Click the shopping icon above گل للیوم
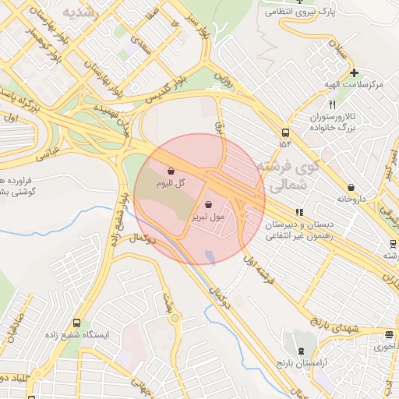coord(171,171)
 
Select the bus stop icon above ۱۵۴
coord(285,132)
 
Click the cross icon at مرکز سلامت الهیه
coord(354,72)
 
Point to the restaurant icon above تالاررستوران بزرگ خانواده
coord(333,104)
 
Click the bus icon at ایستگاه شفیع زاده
coord(76,322)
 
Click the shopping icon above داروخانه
coord(351,187)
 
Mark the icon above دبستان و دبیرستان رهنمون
coord(299,211)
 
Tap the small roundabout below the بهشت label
coord(175,317)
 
